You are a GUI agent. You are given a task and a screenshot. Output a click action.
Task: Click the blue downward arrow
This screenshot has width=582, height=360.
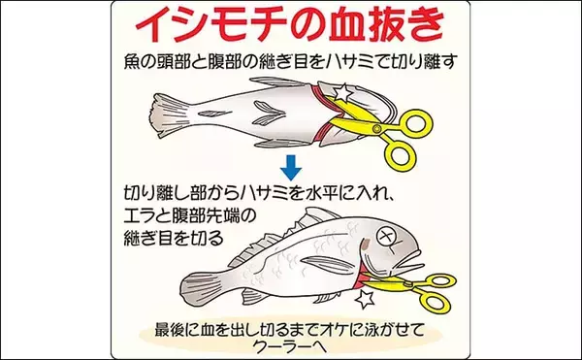(291, 168)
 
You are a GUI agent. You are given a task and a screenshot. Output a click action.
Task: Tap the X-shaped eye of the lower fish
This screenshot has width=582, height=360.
(386, 238)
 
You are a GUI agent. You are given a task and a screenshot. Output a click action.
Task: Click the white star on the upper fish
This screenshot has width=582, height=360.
(341, 93)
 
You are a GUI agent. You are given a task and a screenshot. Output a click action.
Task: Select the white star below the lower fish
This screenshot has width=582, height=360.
(365, 300)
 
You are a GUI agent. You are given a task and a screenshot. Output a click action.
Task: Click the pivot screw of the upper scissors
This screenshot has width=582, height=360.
(377, 129)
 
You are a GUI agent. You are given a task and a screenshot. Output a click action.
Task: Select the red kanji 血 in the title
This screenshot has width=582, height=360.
(345, 27)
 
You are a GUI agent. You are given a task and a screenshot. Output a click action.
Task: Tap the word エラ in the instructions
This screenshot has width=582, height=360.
(141, 216)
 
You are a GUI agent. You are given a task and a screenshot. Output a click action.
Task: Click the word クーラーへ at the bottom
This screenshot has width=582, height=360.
(290, 346)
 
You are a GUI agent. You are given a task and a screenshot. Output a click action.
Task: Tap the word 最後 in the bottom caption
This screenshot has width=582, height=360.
(171, 330)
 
